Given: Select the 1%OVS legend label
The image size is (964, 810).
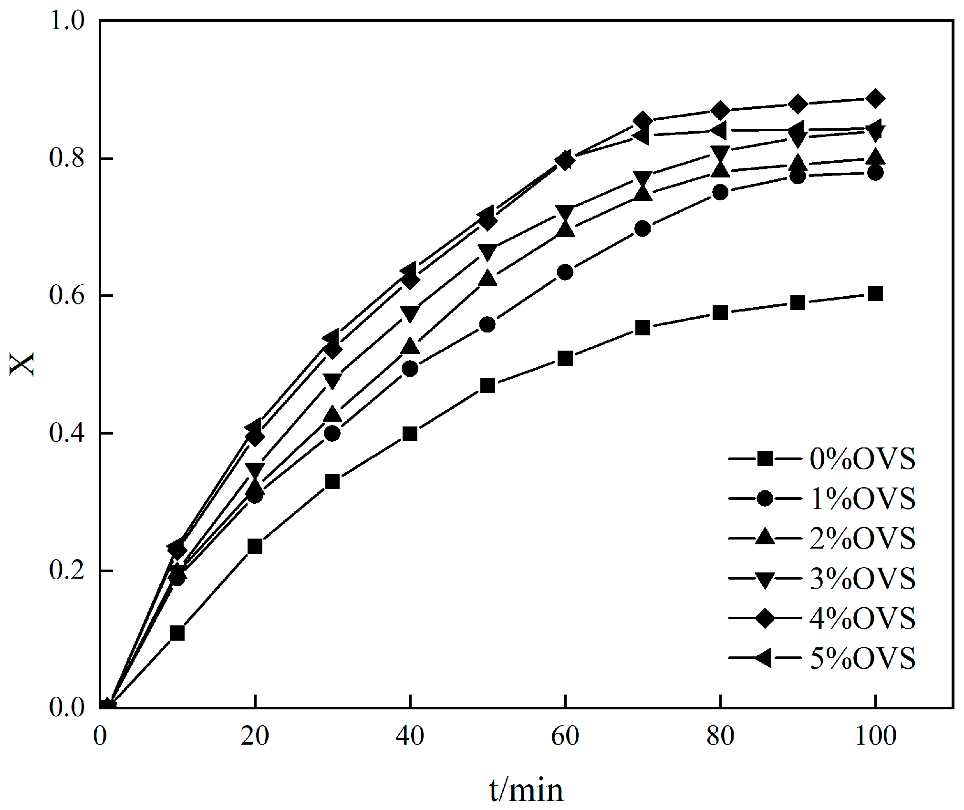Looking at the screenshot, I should (x=862, y=499).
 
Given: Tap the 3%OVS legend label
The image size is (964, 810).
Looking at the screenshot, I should (x=862, y=579).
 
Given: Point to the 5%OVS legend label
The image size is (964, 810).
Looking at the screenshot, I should (x=862, y=659).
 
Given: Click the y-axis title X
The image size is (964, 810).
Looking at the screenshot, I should (x=22, y=363).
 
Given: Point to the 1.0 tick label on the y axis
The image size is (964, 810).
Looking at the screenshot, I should (x=67, y=21).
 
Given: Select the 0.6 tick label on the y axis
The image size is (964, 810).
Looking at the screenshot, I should (x=67, y=296).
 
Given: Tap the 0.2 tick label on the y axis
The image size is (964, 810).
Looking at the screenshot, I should (x=67, y=571).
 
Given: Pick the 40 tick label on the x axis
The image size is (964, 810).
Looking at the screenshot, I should (x=410, y=736).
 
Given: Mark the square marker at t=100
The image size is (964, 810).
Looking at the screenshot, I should (x=875, y=294).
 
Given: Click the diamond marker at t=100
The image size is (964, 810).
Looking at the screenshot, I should (x=875, y=99).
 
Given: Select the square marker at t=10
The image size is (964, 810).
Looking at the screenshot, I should (x=177, y=633).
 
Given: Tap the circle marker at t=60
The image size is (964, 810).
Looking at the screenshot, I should (x=565, y=272).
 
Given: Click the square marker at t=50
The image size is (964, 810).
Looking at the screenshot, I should (x=487, y=385).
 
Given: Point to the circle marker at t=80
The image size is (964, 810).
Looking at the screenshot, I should (x=720, y=192).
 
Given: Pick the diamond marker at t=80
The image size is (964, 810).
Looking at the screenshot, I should (x=720, y=111).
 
